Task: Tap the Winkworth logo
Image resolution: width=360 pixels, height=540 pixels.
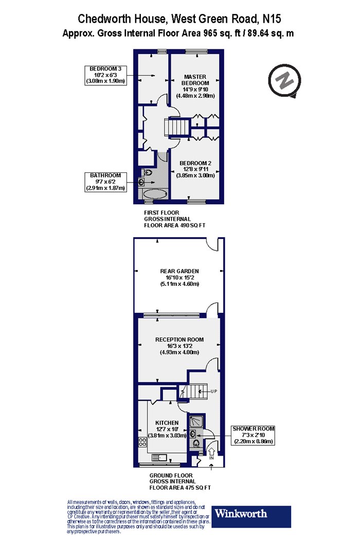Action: [x=251, y=516]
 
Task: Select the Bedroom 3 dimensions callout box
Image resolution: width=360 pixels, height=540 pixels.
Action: [x=105, y=76]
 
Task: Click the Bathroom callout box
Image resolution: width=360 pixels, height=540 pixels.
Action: [x=105, y=182]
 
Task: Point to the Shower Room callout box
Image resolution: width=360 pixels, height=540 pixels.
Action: [x=253, y=435]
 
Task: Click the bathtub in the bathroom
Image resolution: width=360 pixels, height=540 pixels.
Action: [x=154, y=194]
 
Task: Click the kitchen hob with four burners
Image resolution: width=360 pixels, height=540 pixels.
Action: [x=142, y=442]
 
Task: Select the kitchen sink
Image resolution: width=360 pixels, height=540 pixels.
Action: [x=160, y=457]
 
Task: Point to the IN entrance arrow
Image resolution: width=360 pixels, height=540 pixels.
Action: [x=211, y=451]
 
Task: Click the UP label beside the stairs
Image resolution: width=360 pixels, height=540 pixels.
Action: [x=213, y=391]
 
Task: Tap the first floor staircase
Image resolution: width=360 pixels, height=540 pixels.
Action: [x=177, y=127]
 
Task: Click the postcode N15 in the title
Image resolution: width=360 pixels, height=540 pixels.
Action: [x=272, y=18]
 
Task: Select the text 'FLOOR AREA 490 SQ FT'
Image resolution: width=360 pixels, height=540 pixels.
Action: [x=174, y=225]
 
